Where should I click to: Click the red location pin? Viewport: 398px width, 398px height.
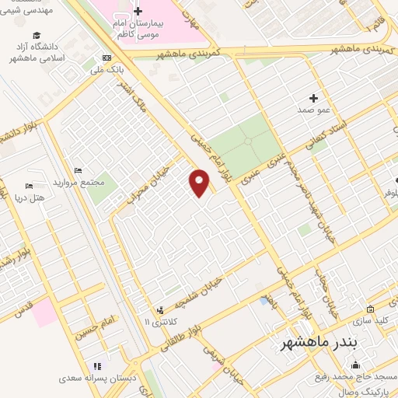click(199, 183)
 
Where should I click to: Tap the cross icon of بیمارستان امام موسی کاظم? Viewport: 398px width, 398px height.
click(138, 12)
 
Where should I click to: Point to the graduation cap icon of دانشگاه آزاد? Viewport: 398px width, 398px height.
click(37, 36)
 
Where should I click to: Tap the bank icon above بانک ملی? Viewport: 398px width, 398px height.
click(106, 58)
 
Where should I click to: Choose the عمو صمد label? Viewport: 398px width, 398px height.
click(313, 110)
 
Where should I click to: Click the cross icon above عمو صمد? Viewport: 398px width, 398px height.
click(313, 98)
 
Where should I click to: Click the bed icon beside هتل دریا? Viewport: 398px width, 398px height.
click(29, 187)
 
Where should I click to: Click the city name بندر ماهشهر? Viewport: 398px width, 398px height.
click(319, 344)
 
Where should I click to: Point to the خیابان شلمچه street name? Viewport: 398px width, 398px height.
click(204, 295)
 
